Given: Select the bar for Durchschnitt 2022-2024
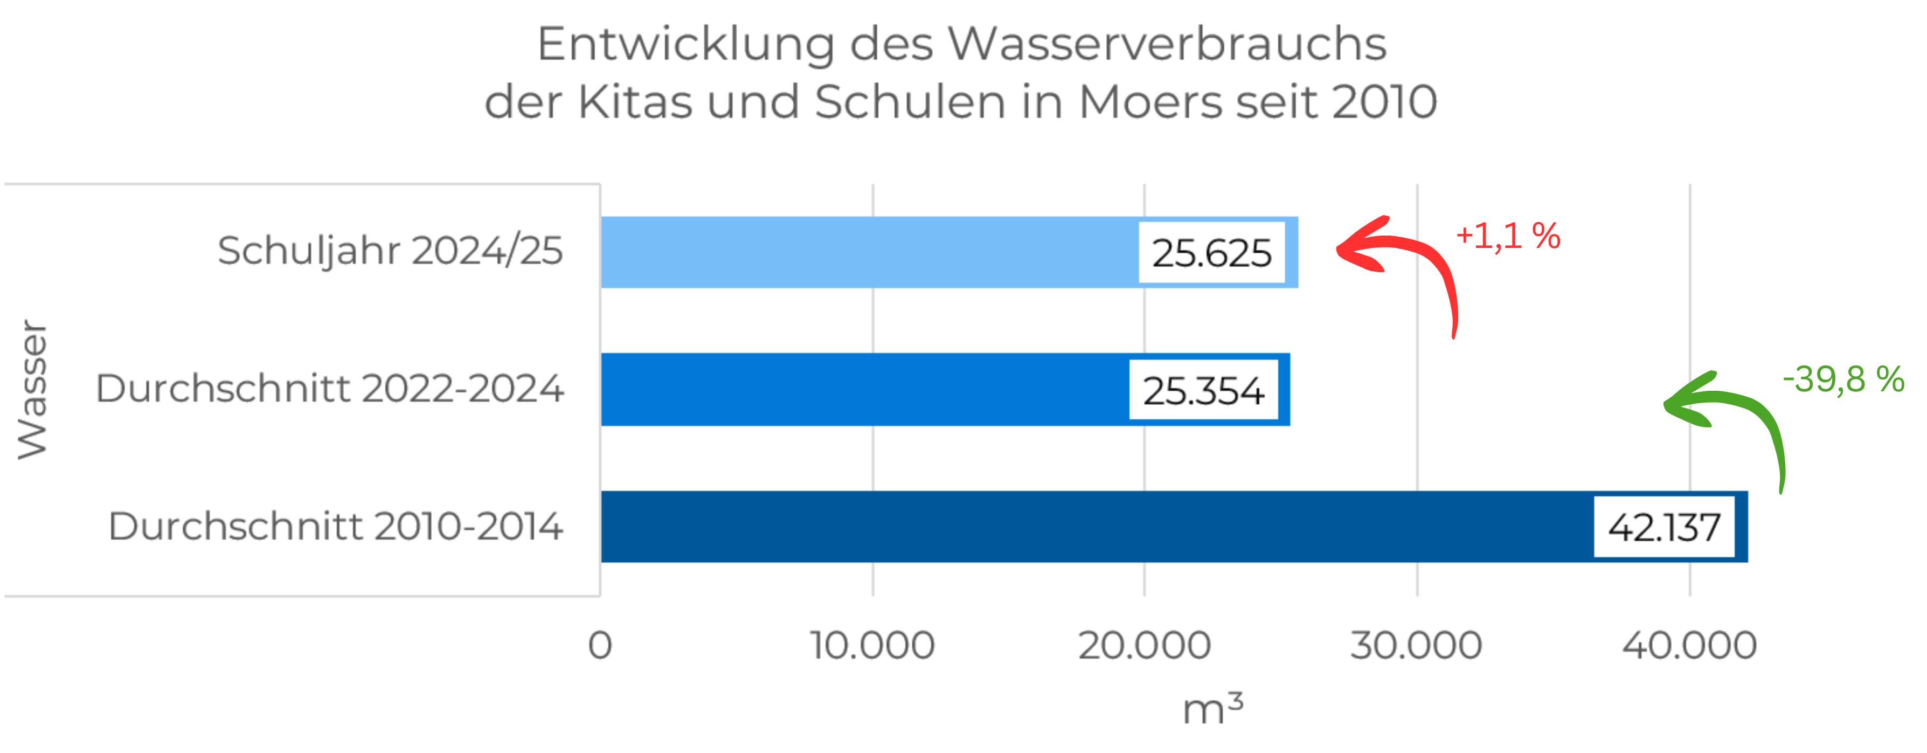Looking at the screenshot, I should [860, 389].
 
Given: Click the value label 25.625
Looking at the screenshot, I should [1211, 253].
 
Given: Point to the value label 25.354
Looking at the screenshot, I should [1203, 391].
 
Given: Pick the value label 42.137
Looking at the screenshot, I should [1663, 528].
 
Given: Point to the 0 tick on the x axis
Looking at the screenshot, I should [600, 645].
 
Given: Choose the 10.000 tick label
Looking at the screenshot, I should [872, 645].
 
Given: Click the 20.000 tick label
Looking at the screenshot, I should [1145, 645].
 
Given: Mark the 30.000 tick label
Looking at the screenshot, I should [1416, 645].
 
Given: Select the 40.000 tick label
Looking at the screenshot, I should [1689, 645].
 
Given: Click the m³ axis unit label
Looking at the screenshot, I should [1212, 707].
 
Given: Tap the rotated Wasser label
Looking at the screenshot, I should [33, 389].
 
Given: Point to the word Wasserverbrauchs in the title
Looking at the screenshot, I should [1167, 45].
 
